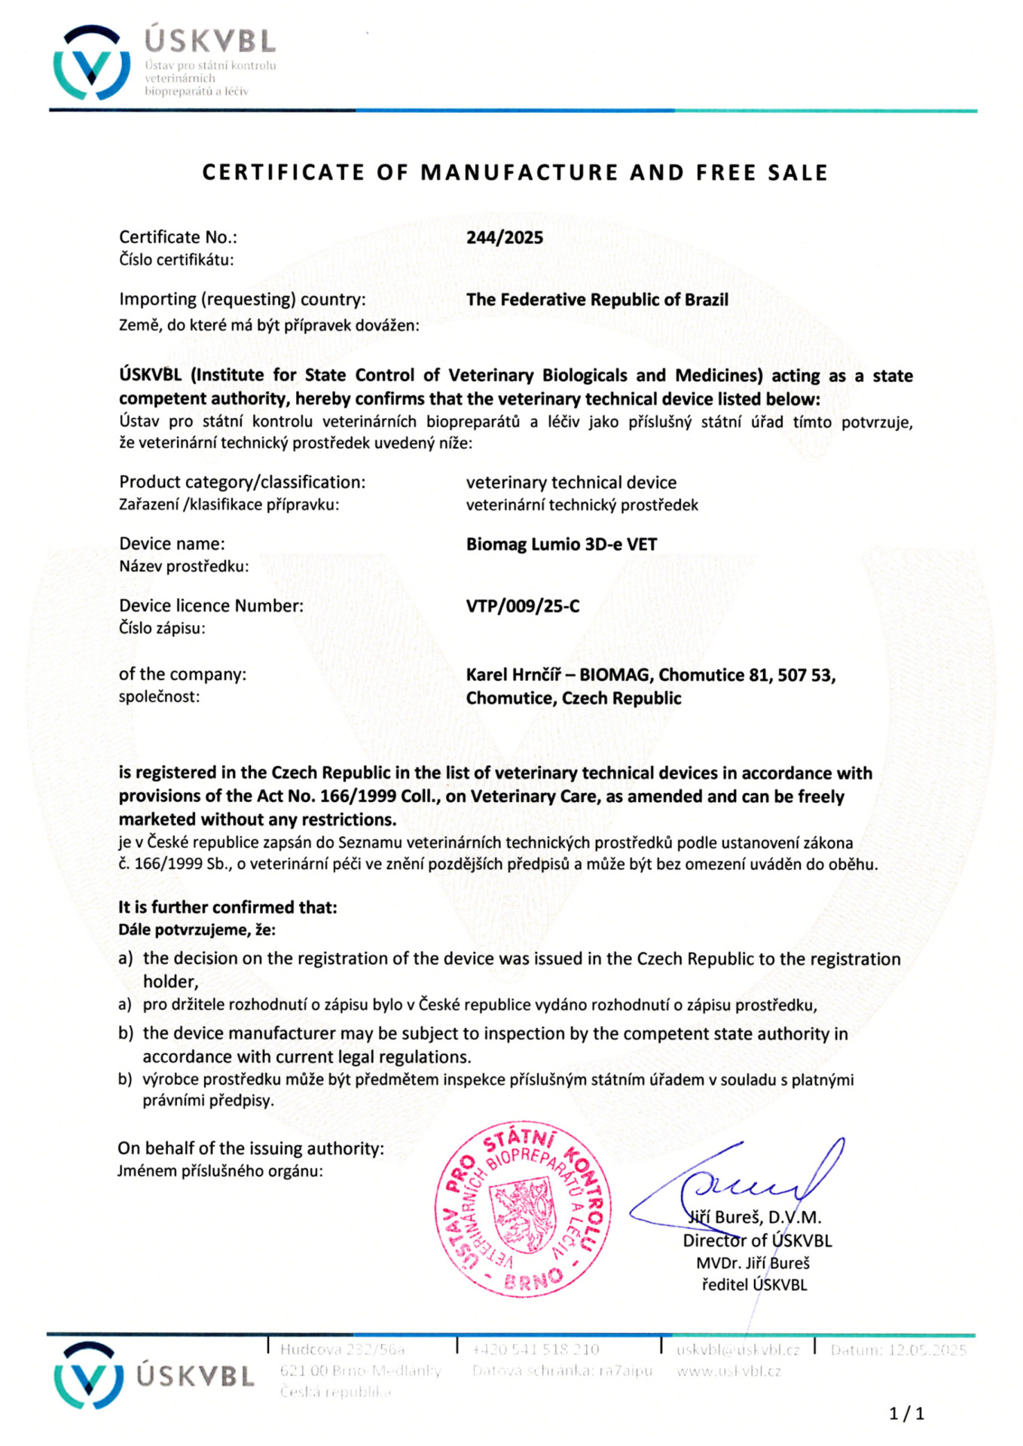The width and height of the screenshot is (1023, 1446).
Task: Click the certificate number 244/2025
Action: point(504,237)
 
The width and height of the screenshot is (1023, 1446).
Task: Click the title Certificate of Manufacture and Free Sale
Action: point(515,173)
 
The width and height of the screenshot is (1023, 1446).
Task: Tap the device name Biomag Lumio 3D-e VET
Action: point(561,544)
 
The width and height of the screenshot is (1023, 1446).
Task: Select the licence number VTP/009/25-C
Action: point(523,606)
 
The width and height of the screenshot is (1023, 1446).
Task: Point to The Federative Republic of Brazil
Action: point(597,299)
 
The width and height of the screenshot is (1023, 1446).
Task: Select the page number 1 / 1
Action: point(906,1414)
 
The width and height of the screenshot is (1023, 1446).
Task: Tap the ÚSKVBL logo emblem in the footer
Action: point(89,1375)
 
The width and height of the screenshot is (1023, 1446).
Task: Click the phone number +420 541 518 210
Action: point(536,1350)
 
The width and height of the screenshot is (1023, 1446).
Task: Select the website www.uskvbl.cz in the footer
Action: point(728,1371)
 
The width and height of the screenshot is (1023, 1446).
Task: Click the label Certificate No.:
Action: point(178,237)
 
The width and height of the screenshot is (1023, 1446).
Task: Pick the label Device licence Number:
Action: point(211,606)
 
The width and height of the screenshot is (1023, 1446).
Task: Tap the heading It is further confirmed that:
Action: point(228,908)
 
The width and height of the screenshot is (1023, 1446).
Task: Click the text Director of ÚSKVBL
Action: point(756,1240)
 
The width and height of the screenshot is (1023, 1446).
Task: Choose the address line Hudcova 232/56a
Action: point(342,1350)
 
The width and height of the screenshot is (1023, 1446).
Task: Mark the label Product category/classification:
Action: point(242,482)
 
